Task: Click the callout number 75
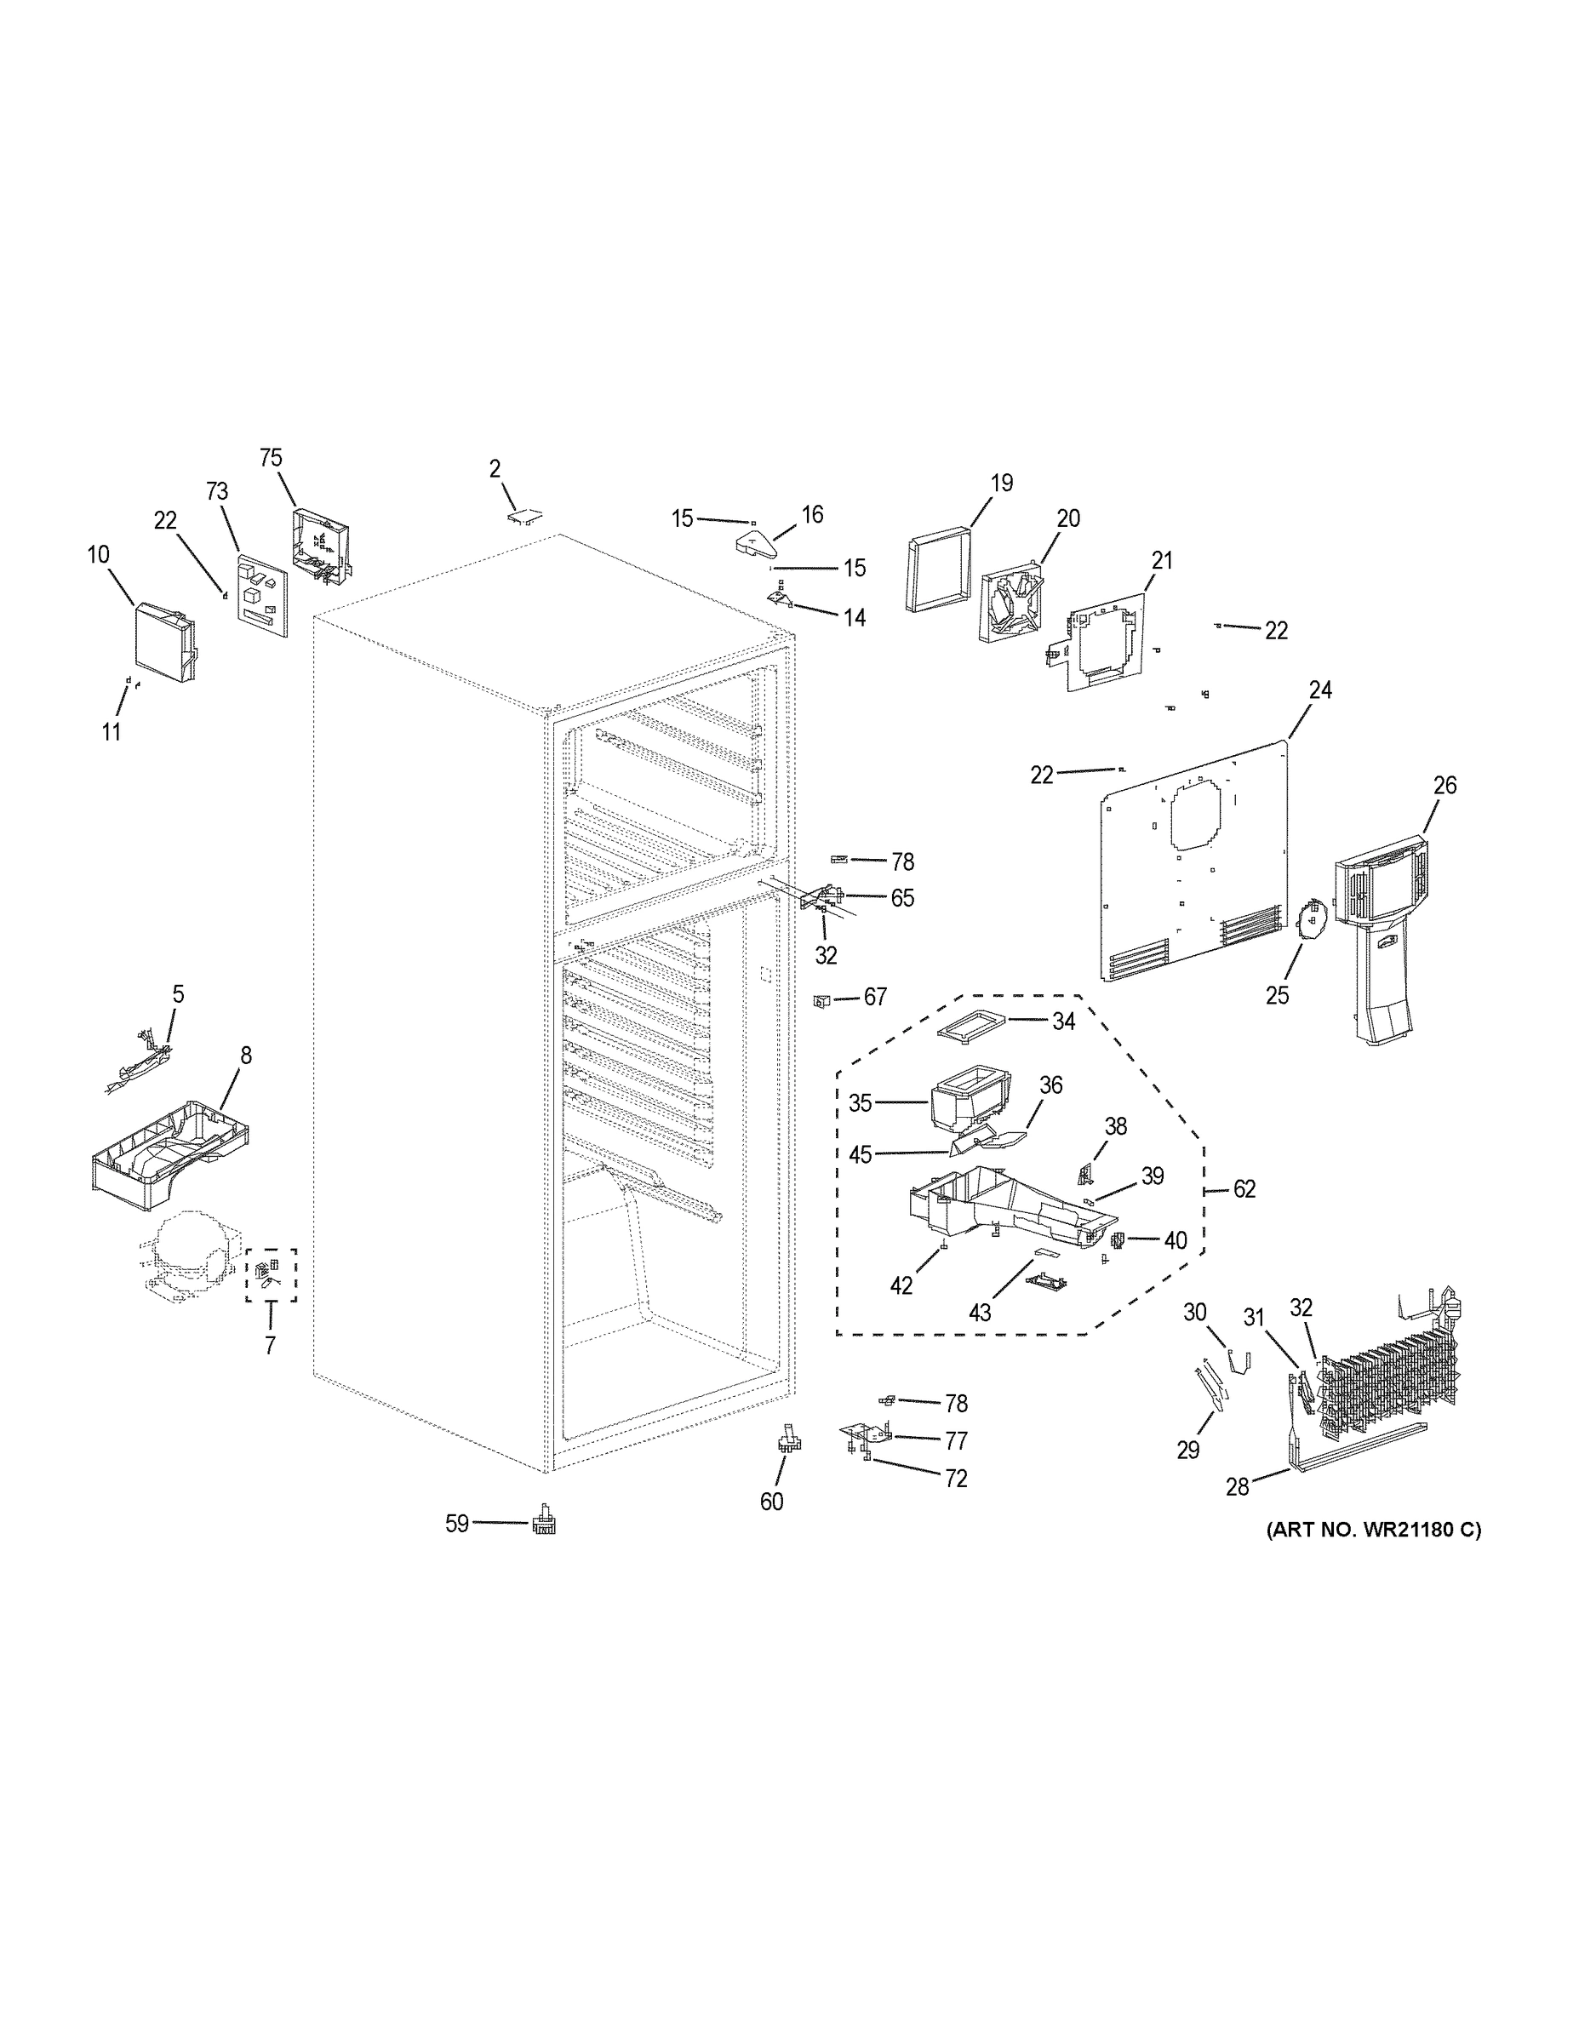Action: coord(271,457)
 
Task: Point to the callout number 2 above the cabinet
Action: coord(495,469)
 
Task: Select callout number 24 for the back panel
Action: coord(1320,690)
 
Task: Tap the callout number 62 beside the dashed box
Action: coord(1244,1189)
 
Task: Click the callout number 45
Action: coord(860,1155)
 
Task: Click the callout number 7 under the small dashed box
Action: coord(271,1346)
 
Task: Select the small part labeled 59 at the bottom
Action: coord(543,1523)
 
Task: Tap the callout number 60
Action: coord(772,1502)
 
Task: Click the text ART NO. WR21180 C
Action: coord(1373,1531)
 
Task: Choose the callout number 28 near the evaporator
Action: coord(1238,1487)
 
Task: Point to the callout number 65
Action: coord(901,898)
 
